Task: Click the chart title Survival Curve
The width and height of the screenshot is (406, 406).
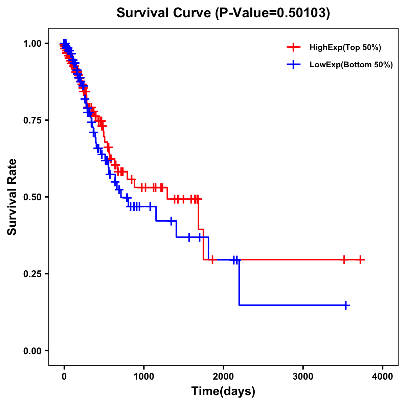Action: pyautogui.click(x=164, y=13)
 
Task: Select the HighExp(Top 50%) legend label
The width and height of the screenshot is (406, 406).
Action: pyautogui.click(x=345, y=48)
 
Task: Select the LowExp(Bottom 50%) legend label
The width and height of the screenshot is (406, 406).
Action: pyautogui.click(x=351, y=65)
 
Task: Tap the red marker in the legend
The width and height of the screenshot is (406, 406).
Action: pyautogui.click(x=293, y=48)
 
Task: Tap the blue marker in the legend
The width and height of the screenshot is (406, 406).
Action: pyautogui.click(x=293, y=65)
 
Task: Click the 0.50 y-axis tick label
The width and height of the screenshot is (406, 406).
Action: pyautogui.click(x=32, y=197)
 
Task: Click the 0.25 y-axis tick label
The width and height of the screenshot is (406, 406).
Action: pyautogui.click(x=32, y=274)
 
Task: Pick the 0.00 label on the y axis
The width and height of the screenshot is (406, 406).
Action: pyautogui.click(x=32, y=351)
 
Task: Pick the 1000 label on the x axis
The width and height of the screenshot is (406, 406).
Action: pyautogui.click(x=144, y=377)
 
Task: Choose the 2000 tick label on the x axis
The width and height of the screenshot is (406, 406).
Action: pyautogui.click(x=223, y=377)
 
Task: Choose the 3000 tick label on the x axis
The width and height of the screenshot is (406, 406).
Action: pyautogui.click(x=303, y=377)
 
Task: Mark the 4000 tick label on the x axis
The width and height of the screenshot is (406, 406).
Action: pyautogui.click(x=383, y=377)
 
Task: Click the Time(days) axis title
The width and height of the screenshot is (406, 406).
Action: pyautogui.click(x=223, y=391)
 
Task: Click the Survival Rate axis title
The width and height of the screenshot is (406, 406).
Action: pyautogui.click(x=12, y=197)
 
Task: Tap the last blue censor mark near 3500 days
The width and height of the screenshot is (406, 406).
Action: pyautogui.click(x=346, y=305)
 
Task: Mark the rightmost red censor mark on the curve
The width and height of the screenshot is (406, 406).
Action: pyautogui.click(x=361, y=260)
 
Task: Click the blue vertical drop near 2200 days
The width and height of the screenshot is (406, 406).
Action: pyautogui.click(x=239, y=283)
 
